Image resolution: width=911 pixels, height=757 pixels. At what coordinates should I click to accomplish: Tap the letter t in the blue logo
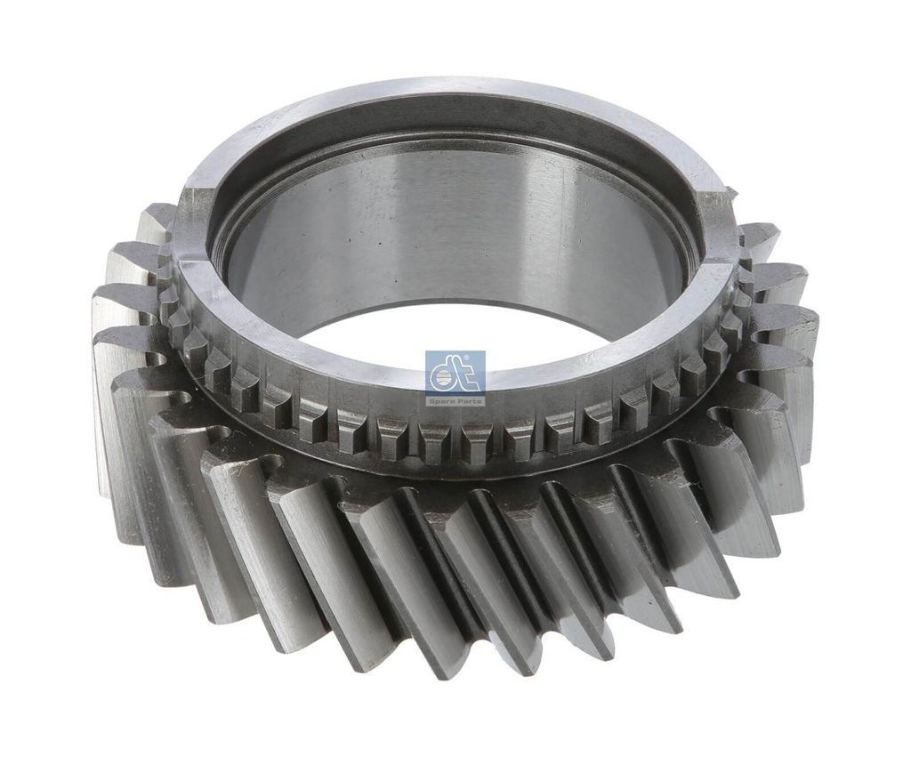click(x=469, y=374)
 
